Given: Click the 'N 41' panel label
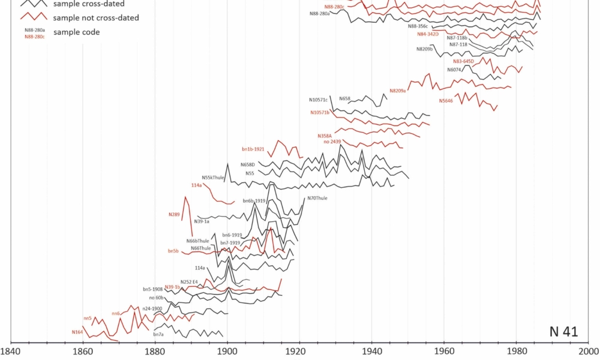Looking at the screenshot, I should click(563, 332).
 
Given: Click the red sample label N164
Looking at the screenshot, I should click(77, 332).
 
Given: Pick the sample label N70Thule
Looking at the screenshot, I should click(317, 198).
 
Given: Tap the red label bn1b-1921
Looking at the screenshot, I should click(253, 149).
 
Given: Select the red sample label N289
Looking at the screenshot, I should click(174, 214).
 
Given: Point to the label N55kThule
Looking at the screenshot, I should click(213, 178).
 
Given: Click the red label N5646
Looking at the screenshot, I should click(446, 101).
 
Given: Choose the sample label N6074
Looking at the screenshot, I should click(454, 70).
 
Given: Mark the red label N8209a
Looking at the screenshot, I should click(398, 91).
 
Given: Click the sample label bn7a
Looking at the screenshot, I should click(158, 334).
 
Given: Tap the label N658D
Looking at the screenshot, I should click(248, 164).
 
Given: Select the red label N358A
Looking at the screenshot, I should click(325, 136).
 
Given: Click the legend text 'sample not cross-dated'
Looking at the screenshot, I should click(96, 18).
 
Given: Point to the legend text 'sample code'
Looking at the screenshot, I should click(76, 32).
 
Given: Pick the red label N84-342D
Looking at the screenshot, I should click(428, 34).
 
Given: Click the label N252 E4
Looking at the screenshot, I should click(189, 281).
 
